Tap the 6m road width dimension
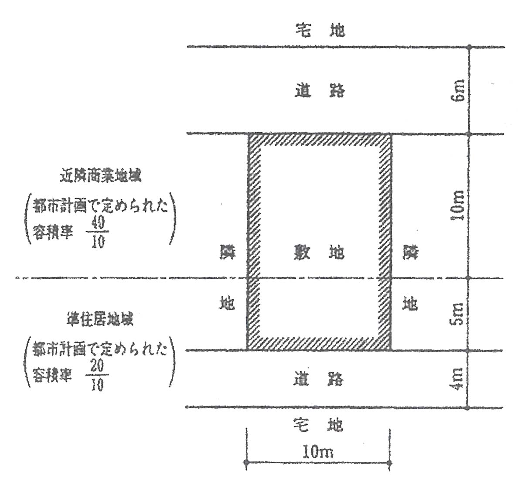coord(458,91)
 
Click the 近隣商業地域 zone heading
coord(101,177)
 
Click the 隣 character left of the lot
coord(227,252)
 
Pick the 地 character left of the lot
coord(227,302)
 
